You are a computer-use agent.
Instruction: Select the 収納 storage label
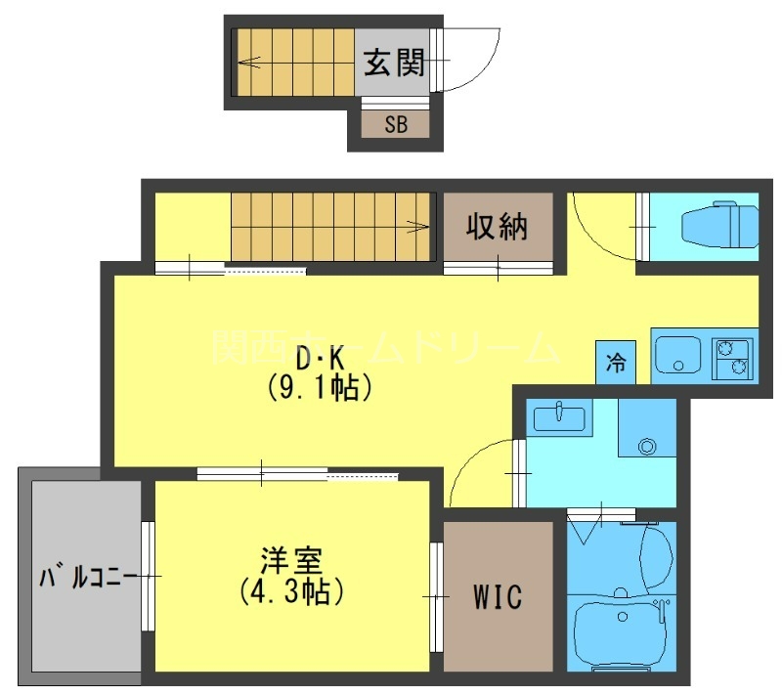(496, 227)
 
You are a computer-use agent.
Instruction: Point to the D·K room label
(319, 359)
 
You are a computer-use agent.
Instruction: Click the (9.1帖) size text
(319, 388)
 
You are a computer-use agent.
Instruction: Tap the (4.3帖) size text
(292, 591)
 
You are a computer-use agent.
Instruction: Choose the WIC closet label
(499, 596)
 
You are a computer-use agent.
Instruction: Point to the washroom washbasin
(557, 418)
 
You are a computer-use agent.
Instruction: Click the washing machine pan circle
(646, 447)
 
